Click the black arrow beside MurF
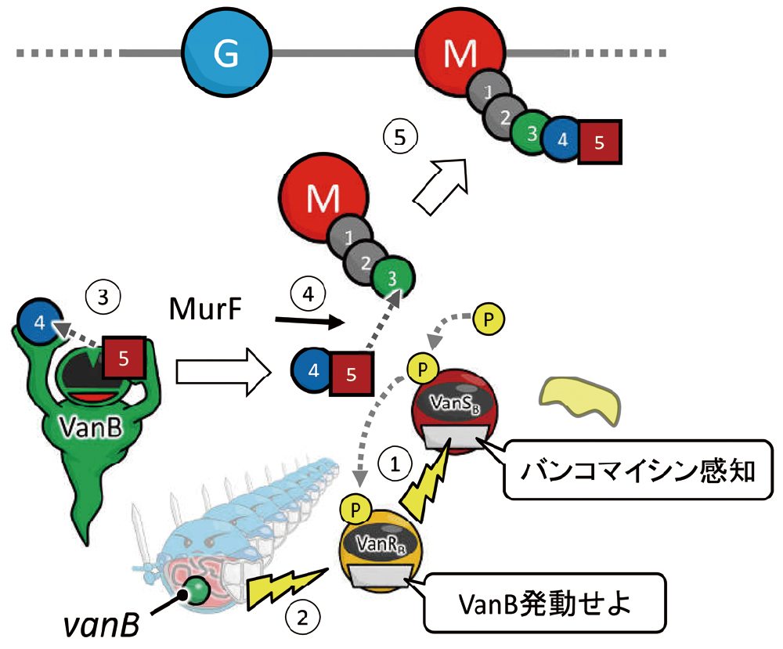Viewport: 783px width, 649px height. [309, 320]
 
